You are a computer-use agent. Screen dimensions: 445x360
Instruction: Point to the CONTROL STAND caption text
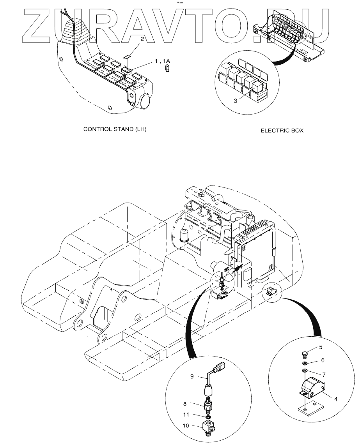click(x=115, y=129)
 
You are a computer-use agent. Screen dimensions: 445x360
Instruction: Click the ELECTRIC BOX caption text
click(x=282, y=131)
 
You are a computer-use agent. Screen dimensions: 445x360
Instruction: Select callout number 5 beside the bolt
click(x=320, y=346)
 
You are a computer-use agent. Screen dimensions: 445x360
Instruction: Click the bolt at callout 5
click(x=305, y=354)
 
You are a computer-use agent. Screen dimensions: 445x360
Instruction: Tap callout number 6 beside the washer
click(x=322, y=360)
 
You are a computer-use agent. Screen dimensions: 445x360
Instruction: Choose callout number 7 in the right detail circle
click(x=322, y=374)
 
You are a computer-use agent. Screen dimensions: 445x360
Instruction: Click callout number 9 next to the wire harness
click(x=192, y=376)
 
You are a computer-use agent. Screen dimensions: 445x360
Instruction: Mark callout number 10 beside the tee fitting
click(x=186, y=426)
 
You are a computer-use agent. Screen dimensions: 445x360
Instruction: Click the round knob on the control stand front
click(x=145, y=102)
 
